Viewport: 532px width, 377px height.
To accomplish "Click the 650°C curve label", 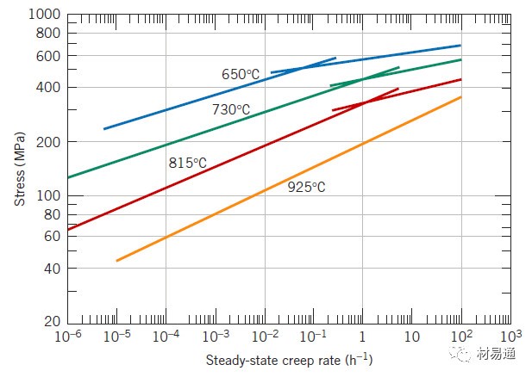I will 241,75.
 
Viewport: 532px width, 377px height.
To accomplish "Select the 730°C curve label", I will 231,109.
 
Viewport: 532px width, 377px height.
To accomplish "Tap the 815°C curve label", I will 187,162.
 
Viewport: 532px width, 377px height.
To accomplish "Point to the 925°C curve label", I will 307,186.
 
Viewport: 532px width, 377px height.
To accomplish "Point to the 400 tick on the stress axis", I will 48,87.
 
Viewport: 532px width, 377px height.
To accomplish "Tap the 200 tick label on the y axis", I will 48,142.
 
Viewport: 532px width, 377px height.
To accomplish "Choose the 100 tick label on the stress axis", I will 48,196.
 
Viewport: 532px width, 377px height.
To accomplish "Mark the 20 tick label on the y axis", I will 52,322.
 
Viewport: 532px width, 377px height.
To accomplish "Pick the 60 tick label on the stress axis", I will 52,236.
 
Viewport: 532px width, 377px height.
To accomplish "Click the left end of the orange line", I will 116,260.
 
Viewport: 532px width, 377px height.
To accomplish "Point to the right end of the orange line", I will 461,96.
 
